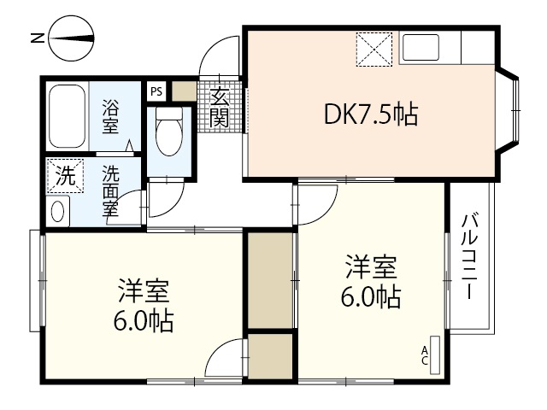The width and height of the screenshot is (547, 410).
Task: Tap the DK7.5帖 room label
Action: pos(370,114)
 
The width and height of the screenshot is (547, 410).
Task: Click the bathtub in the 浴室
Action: pos(68,116)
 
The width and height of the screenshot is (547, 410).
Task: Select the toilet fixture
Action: pos(169,132)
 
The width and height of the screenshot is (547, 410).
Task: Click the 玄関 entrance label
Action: pos(221,108)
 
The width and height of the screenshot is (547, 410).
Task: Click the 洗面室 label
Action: pos(111,193)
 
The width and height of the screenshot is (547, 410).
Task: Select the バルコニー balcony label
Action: pos(469,256)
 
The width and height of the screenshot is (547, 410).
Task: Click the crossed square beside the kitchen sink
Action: pos(373,49)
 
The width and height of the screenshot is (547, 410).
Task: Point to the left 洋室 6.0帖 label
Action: pos(144,305)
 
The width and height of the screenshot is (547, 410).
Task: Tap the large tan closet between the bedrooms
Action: pos(270,279)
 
